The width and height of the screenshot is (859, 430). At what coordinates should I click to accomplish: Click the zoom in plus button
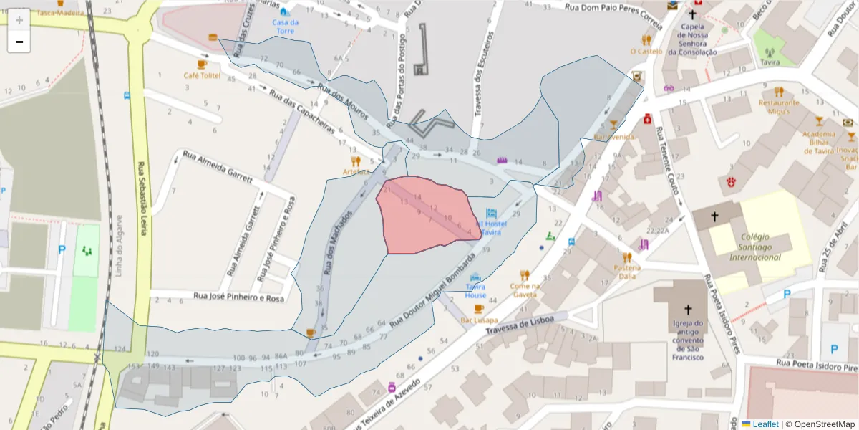(x=19, y=20)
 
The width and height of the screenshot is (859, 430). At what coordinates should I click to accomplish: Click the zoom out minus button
(x=19, y=42)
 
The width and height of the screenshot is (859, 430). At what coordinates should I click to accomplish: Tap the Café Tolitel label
(x=202, y=75)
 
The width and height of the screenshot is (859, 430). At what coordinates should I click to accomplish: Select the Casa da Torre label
(x=286, y=27)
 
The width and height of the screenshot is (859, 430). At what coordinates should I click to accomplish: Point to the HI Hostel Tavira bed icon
(x=491, y=214)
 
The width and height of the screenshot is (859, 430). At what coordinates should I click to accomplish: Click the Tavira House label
(x=475, y=291)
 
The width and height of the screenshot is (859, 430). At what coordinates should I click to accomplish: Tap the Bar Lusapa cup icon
(x=479, y=309)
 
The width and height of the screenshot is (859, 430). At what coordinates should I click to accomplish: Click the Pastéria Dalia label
(x=626, y=272)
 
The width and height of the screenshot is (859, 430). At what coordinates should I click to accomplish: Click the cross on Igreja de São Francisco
(x=689, y=310)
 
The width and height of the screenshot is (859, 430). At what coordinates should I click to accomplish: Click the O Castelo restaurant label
(x=646, y=52)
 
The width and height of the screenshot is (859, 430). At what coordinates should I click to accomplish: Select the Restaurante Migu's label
(x=778, y=106)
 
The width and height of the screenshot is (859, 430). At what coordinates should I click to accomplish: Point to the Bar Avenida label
(x=614, y=136)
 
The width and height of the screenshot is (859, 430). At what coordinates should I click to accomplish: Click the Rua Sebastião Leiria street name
(x=142, y=193)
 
